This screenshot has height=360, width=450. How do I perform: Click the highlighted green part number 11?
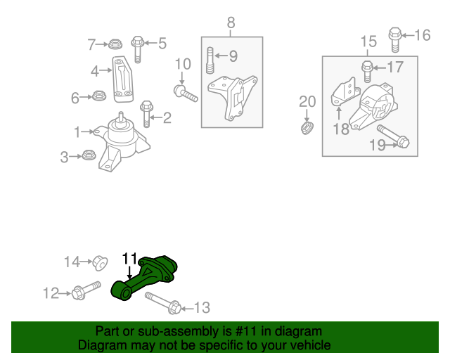point(143,278)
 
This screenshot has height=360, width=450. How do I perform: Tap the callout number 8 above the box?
point(231,22)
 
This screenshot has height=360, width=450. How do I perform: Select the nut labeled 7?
point(115,44)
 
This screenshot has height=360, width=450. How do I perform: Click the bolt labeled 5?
point(138,49)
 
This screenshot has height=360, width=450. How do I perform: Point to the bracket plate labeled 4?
point(123,79)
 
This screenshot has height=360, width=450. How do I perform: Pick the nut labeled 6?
point(99,96)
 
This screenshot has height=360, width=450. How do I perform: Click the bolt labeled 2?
point(147,114)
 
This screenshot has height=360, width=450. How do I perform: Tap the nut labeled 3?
point(89,155)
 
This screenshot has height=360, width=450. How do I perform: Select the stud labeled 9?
point(210,60)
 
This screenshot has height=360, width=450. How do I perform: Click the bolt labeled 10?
point(186,94)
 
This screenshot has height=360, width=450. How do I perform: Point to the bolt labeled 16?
point(395,40)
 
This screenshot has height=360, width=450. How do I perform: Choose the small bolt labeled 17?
point(367,72)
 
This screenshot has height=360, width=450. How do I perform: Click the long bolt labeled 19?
point(394,136)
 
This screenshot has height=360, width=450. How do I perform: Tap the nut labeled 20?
point(307,128)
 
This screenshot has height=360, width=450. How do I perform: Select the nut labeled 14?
point(100,262)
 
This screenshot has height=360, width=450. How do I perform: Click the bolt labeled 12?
point(86,290)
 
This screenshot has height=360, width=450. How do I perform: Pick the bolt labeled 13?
point(163,303)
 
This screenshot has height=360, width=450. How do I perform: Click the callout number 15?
point(368,41)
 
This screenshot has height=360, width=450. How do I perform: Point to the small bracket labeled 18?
point(345,92)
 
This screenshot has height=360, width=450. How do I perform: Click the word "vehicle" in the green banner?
point(310,345)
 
